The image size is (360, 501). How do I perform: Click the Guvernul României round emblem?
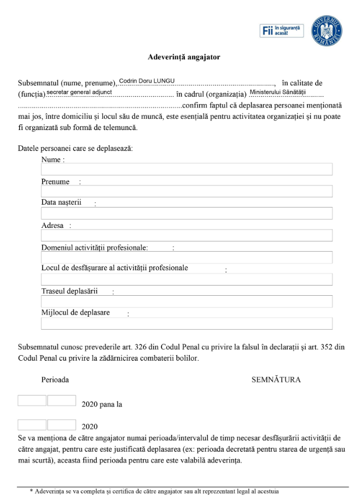[x=327, y=30]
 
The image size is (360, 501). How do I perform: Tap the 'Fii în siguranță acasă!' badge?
[x=282, y=31]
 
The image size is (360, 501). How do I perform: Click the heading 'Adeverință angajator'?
[x=184, y=57]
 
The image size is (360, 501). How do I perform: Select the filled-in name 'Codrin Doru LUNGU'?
[x=147, y=81]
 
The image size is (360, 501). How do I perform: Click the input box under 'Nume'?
[x=186, y=169]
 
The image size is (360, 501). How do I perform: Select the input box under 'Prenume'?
[x=186, y=191]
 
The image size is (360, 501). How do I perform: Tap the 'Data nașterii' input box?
[x=186, y=213]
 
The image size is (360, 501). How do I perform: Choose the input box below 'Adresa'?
[x=186, y=235]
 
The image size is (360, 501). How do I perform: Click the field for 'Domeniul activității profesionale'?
[x=186, y=257]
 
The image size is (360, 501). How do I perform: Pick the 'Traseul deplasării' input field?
[x=186, y=301]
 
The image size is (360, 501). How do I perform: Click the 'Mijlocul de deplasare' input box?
[x=186, y=323]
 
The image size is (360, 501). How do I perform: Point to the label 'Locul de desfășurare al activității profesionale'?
[x=115, y=268]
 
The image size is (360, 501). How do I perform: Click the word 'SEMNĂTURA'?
[x=276, y=379]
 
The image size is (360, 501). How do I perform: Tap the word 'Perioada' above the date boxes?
[x=55, y=379]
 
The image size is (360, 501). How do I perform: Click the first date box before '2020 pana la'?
[x=32, y=400]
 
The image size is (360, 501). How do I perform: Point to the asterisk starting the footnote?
[x=32, y=492]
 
